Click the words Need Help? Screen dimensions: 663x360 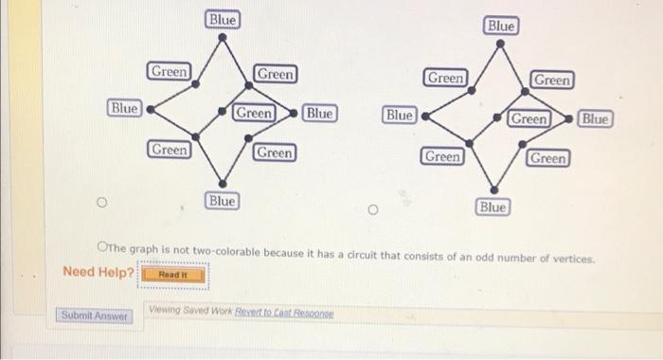point(99,273)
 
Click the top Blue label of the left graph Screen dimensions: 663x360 point(223,19)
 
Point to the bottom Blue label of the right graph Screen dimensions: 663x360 point(493,206)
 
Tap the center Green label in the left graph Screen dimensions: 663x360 point(254,113)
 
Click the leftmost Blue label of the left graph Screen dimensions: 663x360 point(125,109)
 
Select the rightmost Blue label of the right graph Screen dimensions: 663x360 point(596,119)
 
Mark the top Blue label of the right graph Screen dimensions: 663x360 point(500,27)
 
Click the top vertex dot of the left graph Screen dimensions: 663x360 point(222,39)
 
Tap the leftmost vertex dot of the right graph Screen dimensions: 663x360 point(423,118)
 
